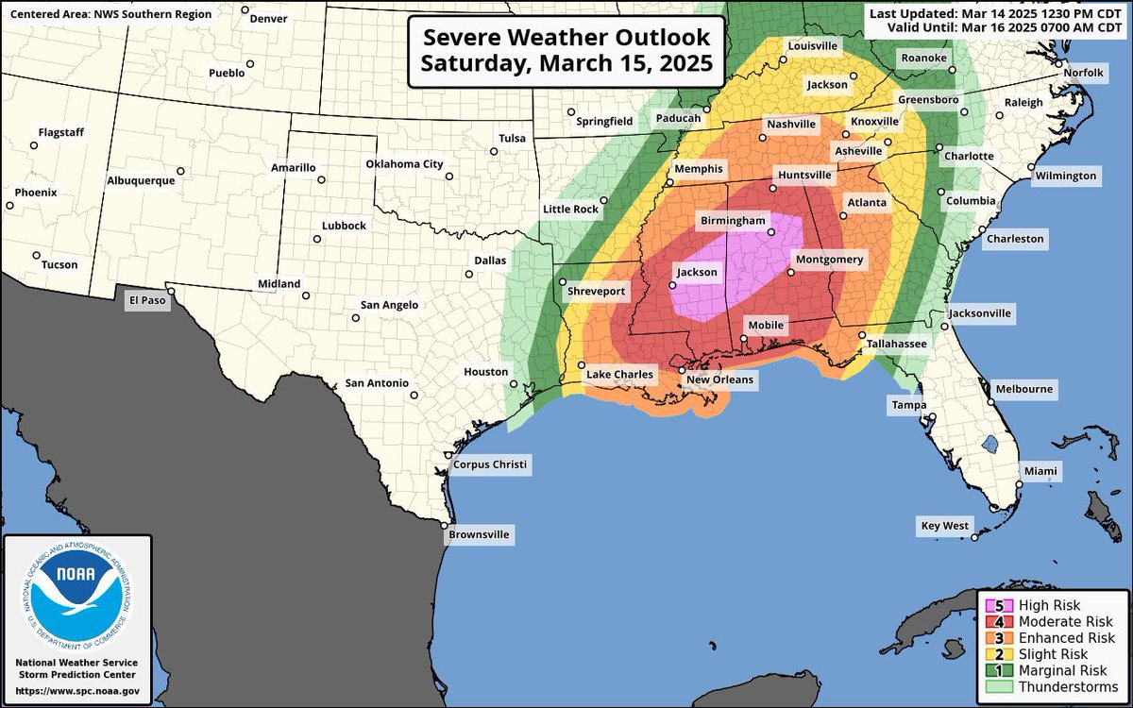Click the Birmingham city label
(x=732, y=220)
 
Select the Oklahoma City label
(x=404, y=164)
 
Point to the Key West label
(x=945, y=525)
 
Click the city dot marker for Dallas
(x=469, y=275)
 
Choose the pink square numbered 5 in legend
(x=993, y=606)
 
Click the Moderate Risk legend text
(x=1058, y=622)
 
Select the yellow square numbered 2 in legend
(x=993, y=654)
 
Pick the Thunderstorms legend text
(x=1064, y=686)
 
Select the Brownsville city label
(x=479, y=534)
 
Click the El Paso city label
(x=146, y=301)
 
